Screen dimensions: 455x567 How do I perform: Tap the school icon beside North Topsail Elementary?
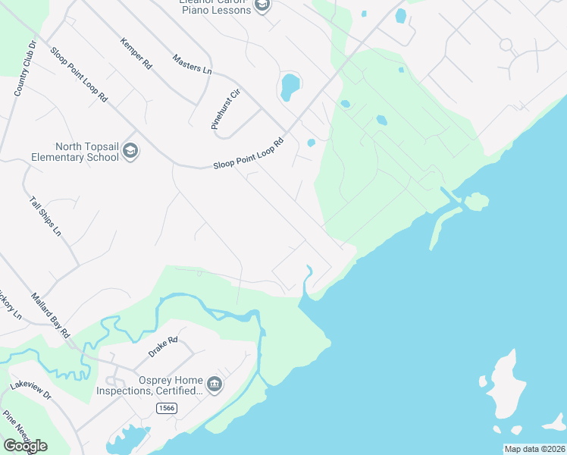tap(130, 152)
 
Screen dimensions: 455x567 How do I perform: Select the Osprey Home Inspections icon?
tap(215, 384)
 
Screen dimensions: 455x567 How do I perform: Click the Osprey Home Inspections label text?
tap(149, 385)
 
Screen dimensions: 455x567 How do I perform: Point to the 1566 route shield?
tap(167, 408)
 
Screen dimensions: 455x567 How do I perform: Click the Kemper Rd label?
tap(136, 53)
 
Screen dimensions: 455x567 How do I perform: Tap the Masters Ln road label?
tap(192, 64)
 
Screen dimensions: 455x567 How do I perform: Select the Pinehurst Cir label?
tap(225, 110)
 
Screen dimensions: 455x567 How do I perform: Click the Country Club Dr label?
tap(25, 69)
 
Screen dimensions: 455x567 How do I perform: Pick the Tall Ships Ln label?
tap(45, 216)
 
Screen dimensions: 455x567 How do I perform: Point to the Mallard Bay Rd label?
tap(51, 315)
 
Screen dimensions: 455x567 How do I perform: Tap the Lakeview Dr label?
tap(30, 391)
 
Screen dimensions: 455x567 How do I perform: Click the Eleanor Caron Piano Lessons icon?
tap(262, 6)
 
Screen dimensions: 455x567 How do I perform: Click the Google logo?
tap(25, 445)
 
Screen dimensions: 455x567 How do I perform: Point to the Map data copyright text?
tap(535, 449)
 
